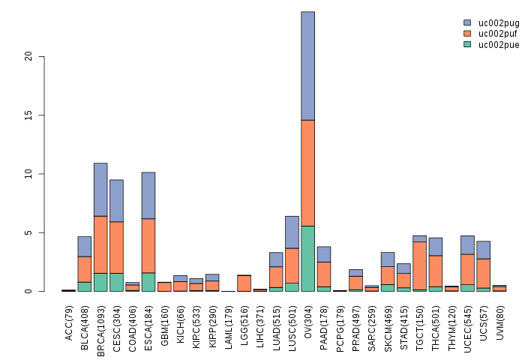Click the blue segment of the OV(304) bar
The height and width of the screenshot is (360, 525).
pos(307,66)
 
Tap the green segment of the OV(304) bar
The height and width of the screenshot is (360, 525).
pos(307,259)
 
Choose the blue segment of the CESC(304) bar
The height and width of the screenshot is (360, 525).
pos(116,200)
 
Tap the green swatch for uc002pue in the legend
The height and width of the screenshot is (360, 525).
pos(467,45)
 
